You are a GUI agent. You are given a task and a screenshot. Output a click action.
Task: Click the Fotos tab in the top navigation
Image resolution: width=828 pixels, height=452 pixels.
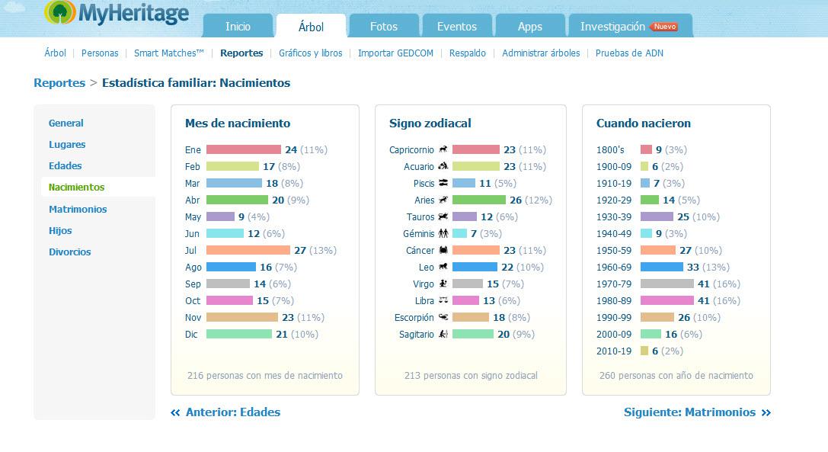[x=384, y=26]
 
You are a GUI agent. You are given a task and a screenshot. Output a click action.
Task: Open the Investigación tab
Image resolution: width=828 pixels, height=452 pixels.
[x=630, y=26]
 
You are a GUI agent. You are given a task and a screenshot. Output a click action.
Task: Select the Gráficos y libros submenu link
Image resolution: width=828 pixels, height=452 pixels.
[x=311, y=53]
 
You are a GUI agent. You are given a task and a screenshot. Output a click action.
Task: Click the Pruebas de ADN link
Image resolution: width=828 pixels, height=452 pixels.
[x=629, y=53]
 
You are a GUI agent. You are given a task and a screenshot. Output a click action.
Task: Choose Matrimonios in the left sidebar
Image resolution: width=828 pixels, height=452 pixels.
[x=78, y=209]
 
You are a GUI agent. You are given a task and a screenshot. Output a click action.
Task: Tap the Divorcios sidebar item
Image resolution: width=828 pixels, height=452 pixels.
[x=70, y=252]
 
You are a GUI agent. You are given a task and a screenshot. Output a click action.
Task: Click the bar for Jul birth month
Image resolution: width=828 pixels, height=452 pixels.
[x=248, y=250]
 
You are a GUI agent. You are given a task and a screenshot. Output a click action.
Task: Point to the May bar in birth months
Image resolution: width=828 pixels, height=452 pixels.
[x=220, y=216]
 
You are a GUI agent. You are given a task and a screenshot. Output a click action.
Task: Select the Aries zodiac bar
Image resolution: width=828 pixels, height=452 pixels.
[x=479, y=200]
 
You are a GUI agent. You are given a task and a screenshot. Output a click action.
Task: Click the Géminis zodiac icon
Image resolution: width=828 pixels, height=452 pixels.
[x=443, y=233]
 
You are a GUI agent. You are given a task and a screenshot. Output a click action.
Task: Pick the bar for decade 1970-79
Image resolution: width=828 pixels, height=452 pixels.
[x=667, y=284]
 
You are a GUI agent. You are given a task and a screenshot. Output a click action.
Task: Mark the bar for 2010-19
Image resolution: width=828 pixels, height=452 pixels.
[x=644, y=351]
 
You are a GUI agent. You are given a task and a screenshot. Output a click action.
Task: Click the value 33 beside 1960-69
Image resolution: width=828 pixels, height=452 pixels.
[x=693, y=267]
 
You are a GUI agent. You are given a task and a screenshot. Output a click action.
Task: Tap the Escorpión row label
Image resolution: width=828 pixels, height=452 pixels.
[x=414, y=317]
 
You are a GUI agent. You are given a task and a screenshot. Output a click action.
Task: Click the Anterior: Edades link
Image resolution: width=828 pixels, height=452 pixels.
[x=225, y=412]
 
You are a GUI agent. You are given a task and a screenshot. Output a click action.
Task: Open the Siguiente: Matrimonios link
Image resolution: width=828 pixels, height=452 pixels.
[x=697, y=412]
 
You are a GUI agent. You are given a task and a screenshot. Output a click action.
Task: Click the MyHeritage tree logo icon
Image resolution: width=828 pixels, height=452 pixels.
[x=60, y=12]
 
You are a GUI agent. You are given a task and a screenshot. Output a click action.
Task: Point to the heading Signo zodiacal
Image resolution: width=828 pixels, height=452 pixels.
[x=430, y=123]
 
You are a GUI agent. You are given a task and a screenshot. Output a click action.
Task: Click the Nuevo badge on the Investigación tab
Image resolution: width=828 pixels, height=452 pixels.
[x=664, y=27]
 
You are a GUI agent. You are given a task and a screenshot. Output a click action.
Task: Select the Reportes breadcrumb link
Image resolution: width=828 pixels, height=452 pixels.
[x=59, y=83]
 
